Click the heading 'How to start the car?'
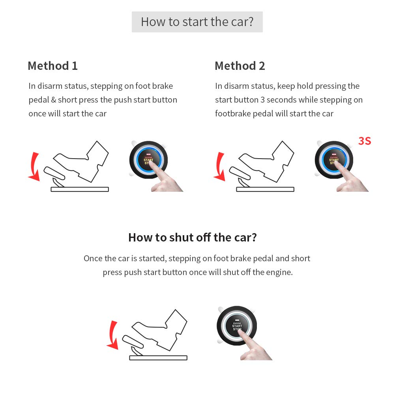click(x=197, y=22)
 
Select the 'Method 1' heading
click(x=52, y=66)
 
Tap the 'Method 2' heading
click(x=240, y=66)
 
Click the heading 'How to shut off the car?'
click(x=193, y=238)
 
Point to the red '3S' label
click(x=364, y=141)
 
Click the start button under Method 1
click(x=148, y=160)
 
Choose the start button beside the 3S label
click(x=334, y=160)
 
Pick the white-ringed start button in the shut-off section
click(x=237, y=326)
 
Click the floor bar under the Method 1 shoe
click(x=80, y=189)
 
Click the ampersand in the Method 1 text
click(x=54, y=100)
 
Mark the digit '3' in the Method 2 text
click(x=262, y=100)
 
